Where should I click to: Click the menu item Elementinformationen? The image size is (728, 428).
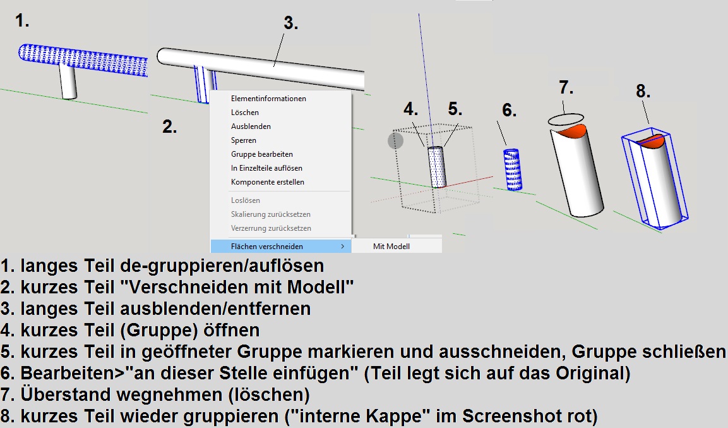click(x=268, y=99)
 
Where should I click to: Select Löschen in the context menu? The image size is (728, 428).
click(x=245, y=113)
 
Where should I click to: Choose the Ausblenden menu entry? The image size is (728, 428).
click(x=251, y=126)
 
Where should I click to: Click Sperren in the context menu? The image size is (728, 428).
click(x=243, y=140)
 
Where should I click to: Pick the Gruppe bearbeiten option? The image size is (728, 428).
click(x=262, y=154)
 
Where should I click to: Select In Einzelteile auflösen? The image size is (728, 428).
click(x=266, y=168)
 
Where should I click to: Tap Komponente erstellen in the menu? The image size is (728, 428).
click(x=268, y=182)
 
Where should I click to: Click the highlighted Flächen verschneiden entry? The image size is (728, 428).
click(x=267, y=247)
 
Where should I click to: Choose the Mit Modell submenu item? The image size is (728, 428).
click(x=391, y=247)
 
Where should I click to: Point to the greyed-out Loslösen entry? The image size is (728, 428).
click(x=245, y=200)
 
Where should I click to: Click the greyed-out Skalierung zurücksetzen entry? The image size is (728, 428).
click(x=271, y=214)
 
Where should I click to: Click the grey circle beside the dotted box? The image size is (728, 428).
click(x=396, y=141)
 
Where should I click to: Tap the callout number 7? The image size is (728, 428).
click(x=566, y=87)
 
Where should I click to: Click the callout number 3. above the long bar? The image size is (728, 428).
click(x=291, y=23)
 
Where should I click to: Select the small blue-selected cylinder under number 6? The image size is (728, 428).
click(x=513, y=169)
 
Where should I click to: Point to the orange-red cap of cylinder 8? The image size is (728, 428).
click(x=655, y=141)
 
